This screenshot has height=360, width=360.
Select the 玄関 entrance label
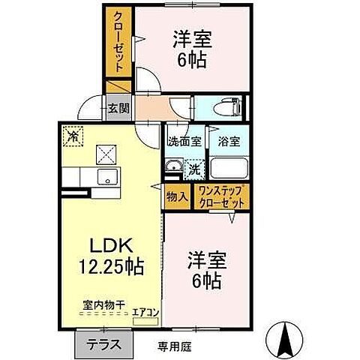click(x=118, y=109)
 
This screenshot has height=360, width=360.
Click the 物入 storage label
click(x=177, y=196)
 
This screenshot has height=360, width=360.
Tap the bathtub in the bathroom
click(x=229, y=166)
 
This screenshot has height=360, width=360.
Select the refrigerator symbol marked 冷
click(x=73, y=136)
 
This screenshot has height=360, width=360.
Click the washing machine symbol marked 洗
click(x=194, y=169)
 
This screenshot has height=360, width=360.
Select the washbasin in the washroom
click(x=173, y=168)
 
